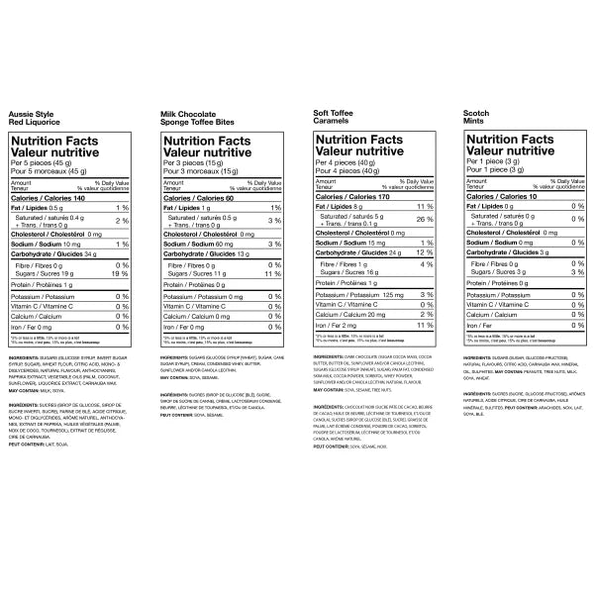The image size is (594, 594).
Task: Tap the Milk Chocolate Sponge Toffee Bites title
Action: [x=198, y=120]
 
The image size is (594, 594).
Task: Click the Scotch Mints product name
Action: [x=477, y=120]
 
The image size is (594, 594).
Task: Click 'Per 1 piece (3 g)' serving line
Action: [x=496, y=161]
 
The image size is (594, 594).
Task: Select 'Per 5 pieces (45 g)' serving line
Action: [x=43, y=162]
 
